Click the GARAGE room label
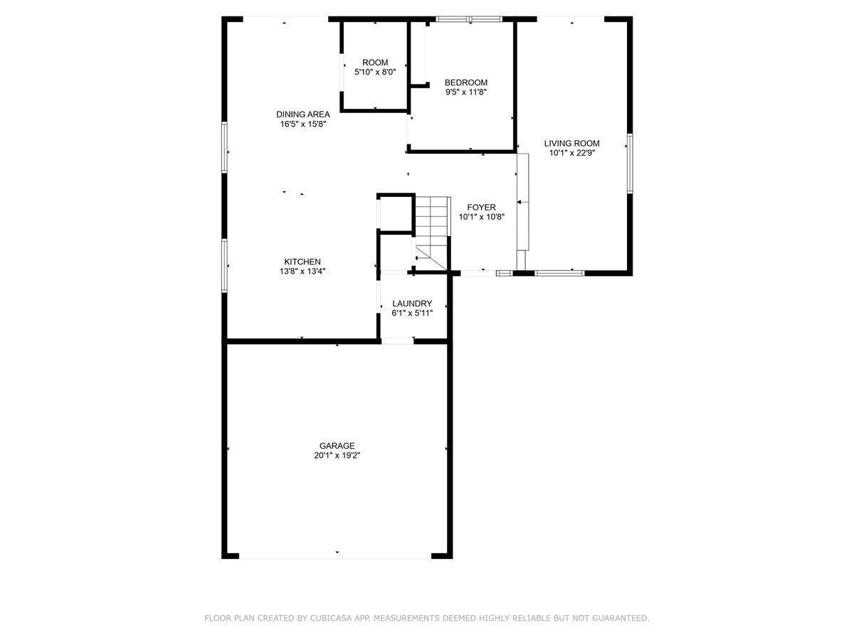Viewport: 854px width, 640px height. pos(337,445)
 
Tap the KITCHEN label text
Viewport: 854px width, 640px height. pos(302,262)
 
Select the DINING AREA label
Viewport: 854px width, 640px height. pos(302,114)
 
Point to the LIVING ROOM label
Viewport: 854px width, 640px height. pos(571,143)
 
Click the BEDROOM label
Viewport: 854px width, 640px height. pos(465,82)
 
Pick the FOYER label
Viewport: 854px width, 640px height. pos(481,207)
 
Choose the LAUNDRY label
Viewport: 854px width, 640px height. pos(411,303)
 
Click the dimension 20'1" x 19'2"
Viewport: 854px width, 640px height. pos(337,455)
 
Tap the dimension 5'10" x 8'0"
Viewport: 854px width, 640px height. pos(374,72)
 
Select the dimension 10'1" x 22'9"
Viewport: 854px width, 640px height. pos(572,153)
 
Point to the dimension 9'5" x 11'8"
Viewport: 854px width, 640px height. pos(466,92)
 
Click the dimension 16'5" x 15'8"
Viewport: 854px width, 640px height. pos(302,124)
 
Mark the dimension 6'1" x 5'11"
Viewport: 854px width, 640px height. pos(412,313)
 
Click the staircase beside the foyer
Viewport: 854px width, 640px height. pos(433,233)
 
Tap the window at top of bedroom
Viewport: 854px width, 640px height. pos(468,18)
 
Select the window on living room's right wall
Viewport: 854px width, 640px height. pos(629,164)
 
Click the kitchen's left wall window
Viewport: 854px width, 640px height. pos(224,265)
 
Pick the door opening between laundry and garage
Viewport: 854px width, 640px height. pos(397,341)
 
